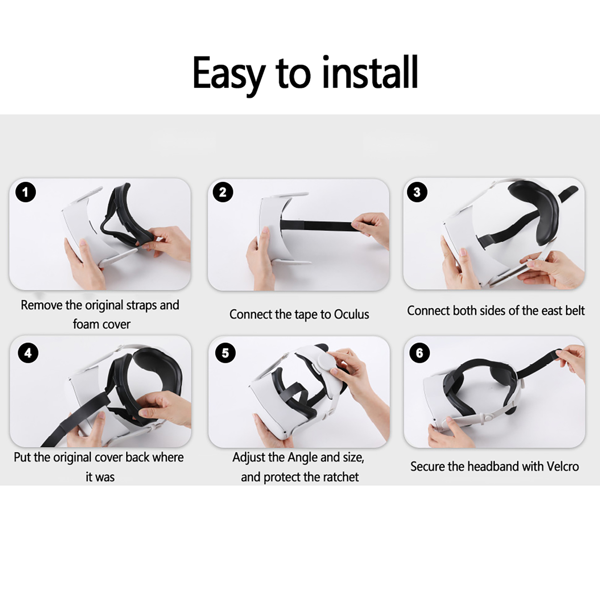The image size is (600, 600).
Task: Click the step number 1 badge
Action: pyautogui.click(x=25, y=192)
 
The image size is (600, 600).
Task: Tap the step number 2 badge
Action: pyautogui.click(x=223, y=192)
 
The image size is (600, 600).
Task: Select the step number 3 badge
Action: pyautogui.click(x=417, y=192)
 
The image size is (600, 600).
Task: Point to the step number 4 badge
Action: pyautogui.click(x=28, y=353)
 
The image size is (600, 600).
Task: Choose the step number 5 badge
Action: pyautogui.click(x=225, y=353)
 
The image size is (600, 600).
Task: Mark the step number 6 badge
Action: pyautogui.click(x=420, y=353)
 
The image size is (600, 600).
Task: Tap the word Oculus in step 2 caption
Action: pyautogui.click(x=351, y=314)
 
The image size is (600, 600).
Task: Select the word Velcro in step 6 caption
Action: pyautogui.click(x=563, y=466)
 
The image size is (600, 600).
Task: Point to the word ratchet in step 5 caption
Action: pyautogui.click(x=340, y=477)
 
